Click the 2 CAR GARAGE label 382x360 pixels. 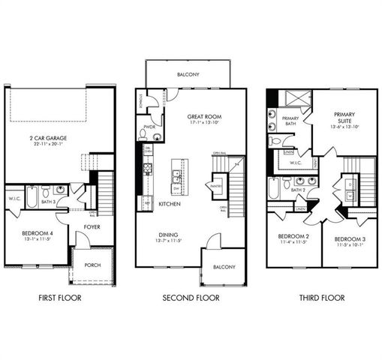point(48,139)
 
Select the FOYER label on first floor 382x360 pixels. point(92,226)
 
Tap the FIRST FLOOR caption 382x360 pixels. point(59,298)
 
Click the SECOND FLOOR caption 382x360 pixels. point(191,298)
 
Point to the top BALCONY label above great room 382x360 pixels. point(187,75)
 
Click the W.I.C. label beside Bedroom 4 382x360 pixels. point(14,199)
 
